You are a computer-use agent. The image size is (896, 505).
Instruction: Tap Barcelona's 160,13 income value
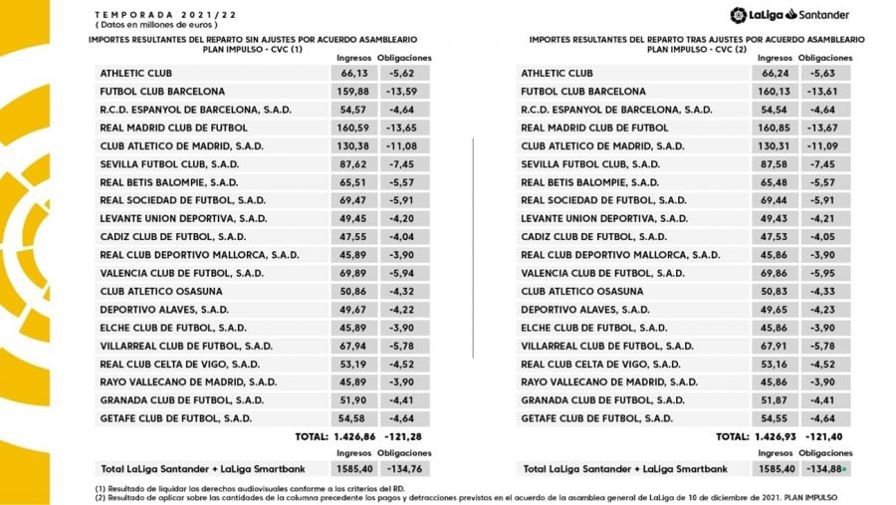pyautogui.click(x=774, y=91)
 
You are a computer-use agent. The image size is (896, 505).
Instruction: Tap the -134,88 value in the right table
pyautogui.click(x=827, y=468)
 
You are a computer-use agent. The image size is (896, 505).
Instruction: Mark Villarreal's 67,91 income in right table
pyautogui.click(x=774, y=346)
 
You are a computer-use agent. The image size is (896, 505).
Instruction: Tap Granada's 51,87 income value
pyautogui.click(x=774, y=400)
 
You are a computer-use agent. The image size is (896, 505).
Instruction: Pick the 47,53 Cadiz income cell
pyautogui.click(x=774, y=236)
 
